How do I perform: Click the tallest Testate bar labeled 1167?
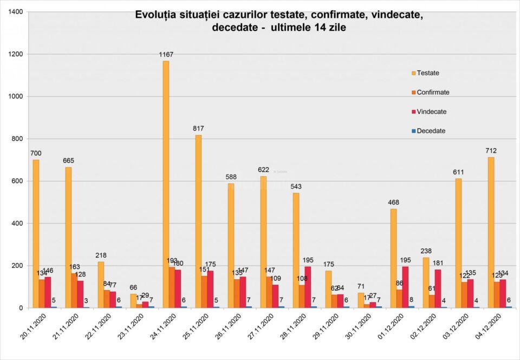point(166,184)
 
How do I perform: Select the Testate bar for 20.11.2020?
point(36,234)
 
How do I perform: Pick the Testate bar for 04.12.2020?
point(491,233)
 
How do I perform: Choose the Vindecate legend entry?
point(428,112)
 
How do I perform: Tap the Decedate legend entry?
point(427,131)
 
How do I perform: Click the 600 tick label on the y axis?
point(17,181)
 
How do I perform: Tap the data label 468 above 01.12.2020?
point(393,202)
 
